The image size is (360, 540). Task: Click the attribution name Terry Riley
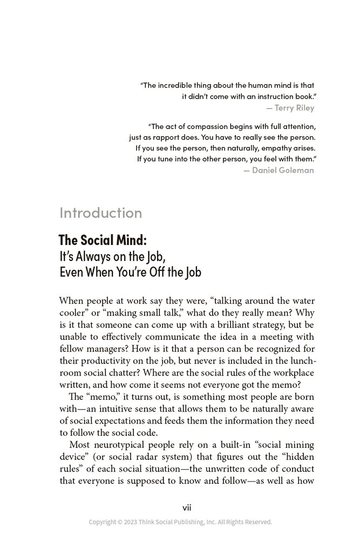pos(294,108)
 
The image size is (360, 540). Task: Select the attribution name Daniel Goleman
pos(283,170)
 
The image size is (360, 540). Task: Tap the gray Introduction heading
pos(101,213)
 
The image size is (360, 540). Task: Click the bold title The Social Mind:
pos(103,240)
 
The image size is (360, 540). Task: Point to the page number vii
pos(187,508)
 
